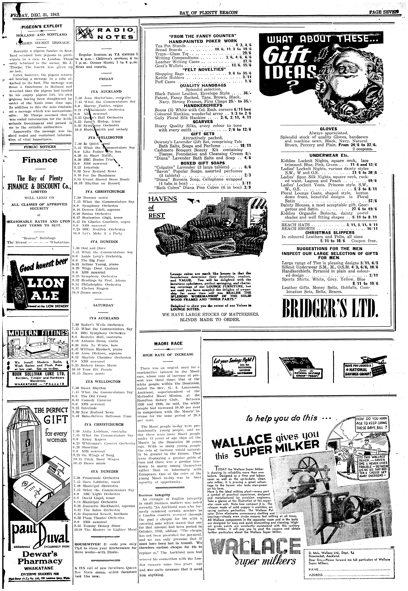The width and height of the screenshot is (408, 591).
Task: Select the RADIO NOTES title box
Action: pos(106,34)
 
